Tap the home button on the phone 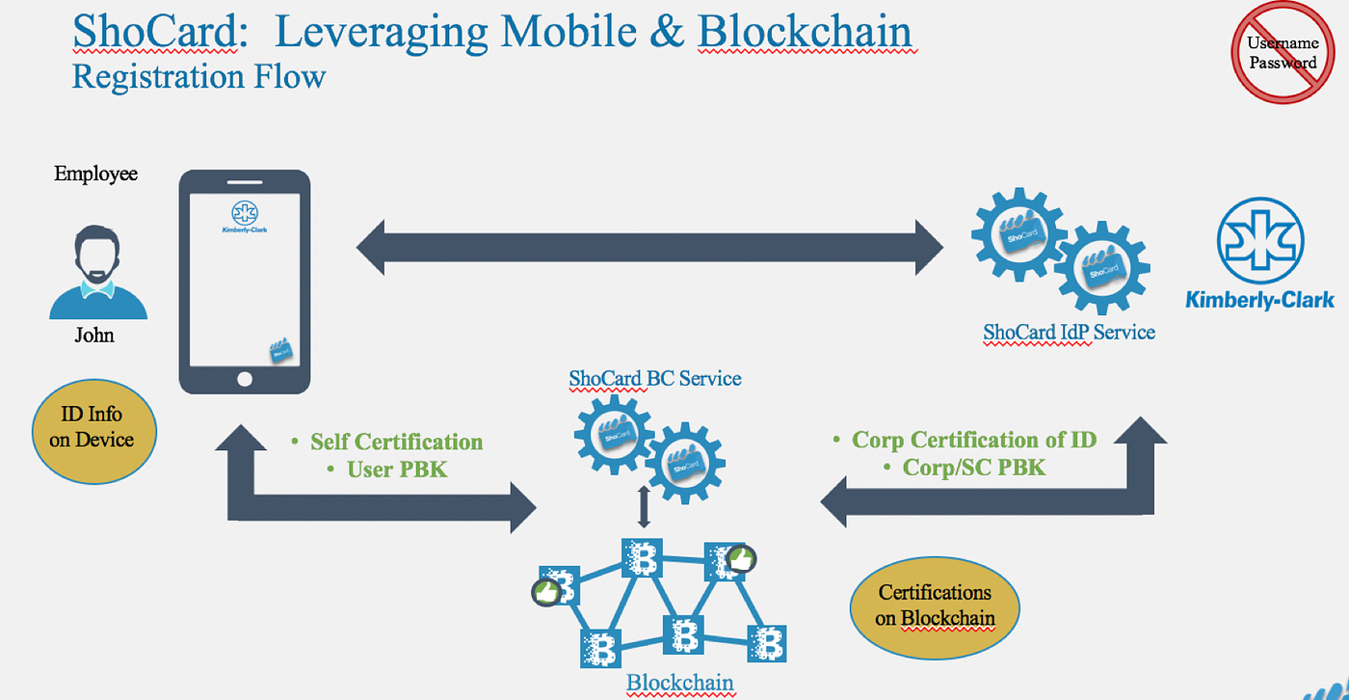pyautogui.click(x=245, y=379)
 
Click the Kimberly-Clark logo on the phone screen pyautogui.click(x=244, y=218)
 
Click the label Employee pyautogui.click(x=95, y=175)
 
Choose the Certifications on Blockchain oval pyautogui.click(x=934, y=605)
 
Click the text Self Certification pyautogui.click(x=396, y=443)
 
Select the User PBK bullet pyautogui.click(x=397, y=470)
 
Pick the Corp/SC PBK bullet pyautogui.click(x=973, y=468)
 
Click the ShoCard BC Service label pyautogui.click(x=655, y=378)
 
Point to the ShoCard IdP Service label pyautogui.click(x=1069, y=333)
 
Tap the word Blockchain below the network pyautogui.click(x=680, y=684)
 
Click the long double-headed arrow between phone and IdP pyautogui.click(x=649, y=247)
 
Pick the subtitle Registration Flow pyautogui.click(x=198, y=76)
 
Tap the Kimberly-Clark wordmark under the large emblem pyautogui.click(x=1259, y=300)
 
